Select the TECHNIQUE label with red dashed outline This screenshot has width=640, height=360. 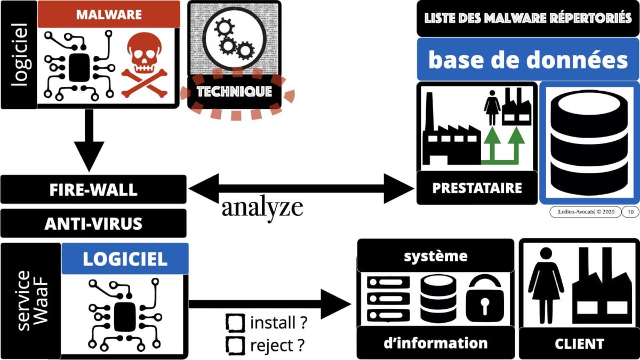[234, 92]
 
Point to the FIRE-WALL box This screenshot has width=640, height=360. [94, 189]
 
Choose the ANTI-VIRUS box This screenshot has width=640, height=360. [94, 223]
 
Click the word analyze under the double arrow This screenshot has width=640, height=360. [262, 208]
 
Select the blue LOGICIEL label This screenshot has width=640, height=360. [125, 259]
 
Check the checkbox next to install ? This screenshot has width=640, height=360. [235, 323]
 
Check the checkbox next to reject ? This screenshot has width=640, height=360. [235, 345]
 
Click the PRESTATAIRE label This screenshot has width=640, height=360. [477, 188]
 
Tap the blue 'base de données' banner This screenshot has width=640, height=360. [527, 60]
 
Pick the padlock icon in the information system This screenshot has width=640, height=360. [485, 301]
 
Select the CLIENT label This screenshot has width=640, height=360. [579, 343]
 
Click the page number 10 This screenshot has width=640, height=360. [630, 212]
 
